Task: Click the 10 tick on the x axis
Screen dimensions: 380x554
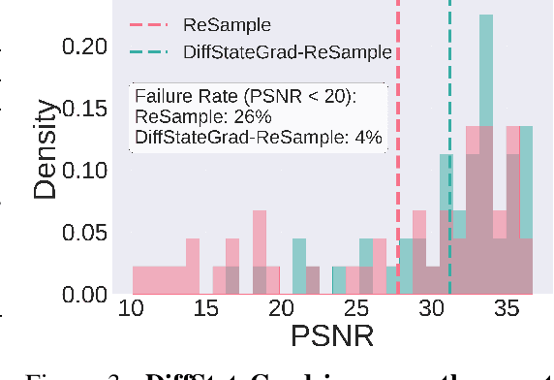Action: pyautogui.click(x=133, y=311)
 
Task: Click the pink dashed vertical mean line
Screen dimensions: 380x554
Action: pyautogui.click(x=398, y=145)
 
